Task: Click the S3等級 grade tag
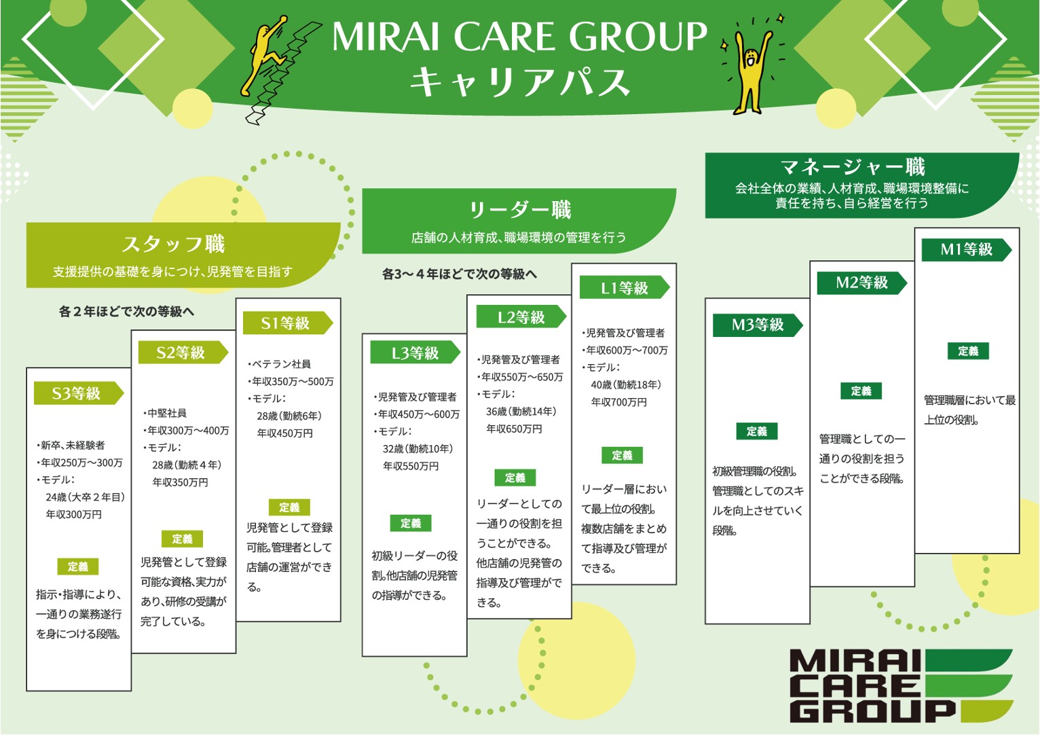tap(79, 393)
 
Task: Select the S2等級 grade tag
tap(183, 352)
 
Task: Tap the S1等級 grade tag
tap(288, 323)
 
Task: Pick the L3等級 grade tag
tap(415, 353)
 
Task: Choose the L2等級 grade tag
tap(521, 317)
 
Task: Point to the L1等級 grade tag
tap(625, 287)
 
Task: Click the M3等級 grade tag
tap(758, 324)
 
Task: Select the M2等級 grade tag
tap(861, 283)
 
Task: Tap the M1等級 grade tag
tap(967, 249)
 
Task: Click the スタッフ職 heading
tap(173, 245)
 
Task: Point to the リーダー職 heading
tap(520, 210)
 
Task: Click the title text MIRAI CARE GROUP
tap(519, 36)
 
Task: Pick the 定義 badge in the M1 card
tap(968, 351)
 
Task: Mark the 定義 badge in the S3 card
tap(78, 567)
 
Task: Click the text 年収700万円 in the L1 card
tap(618, 402)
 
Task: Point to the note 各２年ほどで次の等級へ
tap(126, 311)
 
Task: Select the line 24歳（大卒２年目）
tap(85, 497)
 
